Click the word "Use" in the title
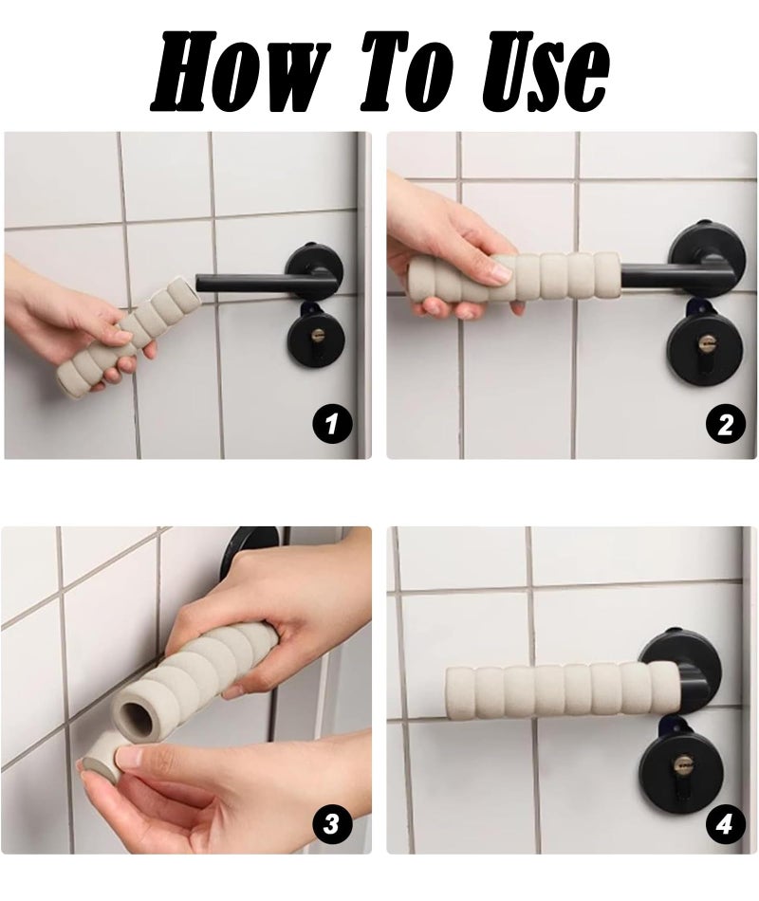(x=544, y=70)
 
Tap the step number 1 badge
(x=332, y=425)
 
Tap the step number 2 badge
(x=726, y=425)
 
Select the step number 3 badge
(x=332, y=825)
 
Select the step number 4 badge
(x=726, y=825)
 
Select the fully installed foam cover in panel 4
(x=564, y=688)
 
